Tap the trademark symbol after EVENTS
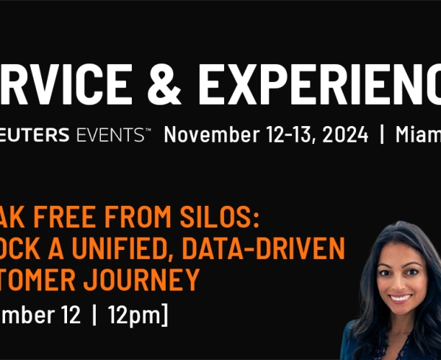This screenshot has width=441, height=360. click(147, 130)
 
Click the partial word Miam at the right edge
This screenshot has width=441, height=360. click(418, 135)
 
